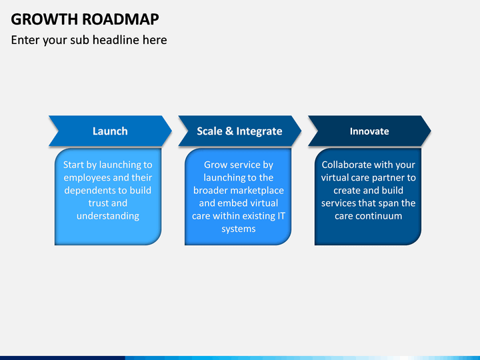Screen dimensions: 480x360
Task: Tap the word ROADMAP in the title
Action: tap(121, 19)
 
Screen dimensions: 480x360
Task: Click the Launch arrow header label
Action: tap(110, 131)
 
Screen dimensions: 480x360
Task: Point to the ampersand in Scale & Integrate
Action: tap(229, 131)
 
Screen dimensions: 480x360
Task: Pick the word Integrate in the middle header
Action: tap(259, 131)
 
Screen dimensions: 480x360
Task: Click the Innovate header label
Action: tap(369, 131)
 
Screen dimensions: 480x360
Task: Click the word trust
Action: tap(97, 203)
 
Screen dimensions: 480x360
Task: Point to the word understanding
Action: tap(108, 216)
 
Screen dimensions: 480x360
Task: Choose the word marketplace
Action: tap(260, 191)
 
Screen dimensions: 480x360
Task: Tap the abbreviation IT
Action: tap(281, 216)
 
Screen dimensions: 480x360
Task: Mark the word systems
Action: tap(239, 229)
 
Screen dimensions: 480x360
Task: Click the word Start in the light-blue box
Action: tap(74, 165)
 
